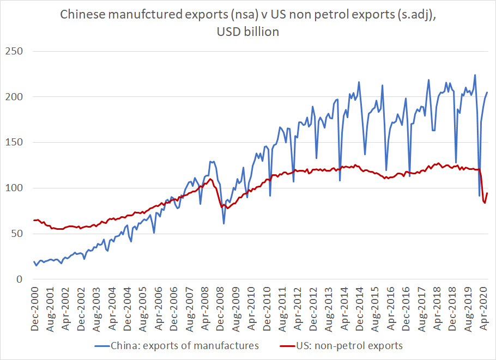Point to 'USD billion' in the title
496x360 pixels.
(248, 32)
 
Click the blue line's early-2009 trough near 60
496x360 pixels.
(223, 223)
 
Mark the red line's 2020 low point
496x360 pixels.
(485, 203)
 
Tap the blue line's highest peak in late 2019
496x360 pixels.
(475, 75)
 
